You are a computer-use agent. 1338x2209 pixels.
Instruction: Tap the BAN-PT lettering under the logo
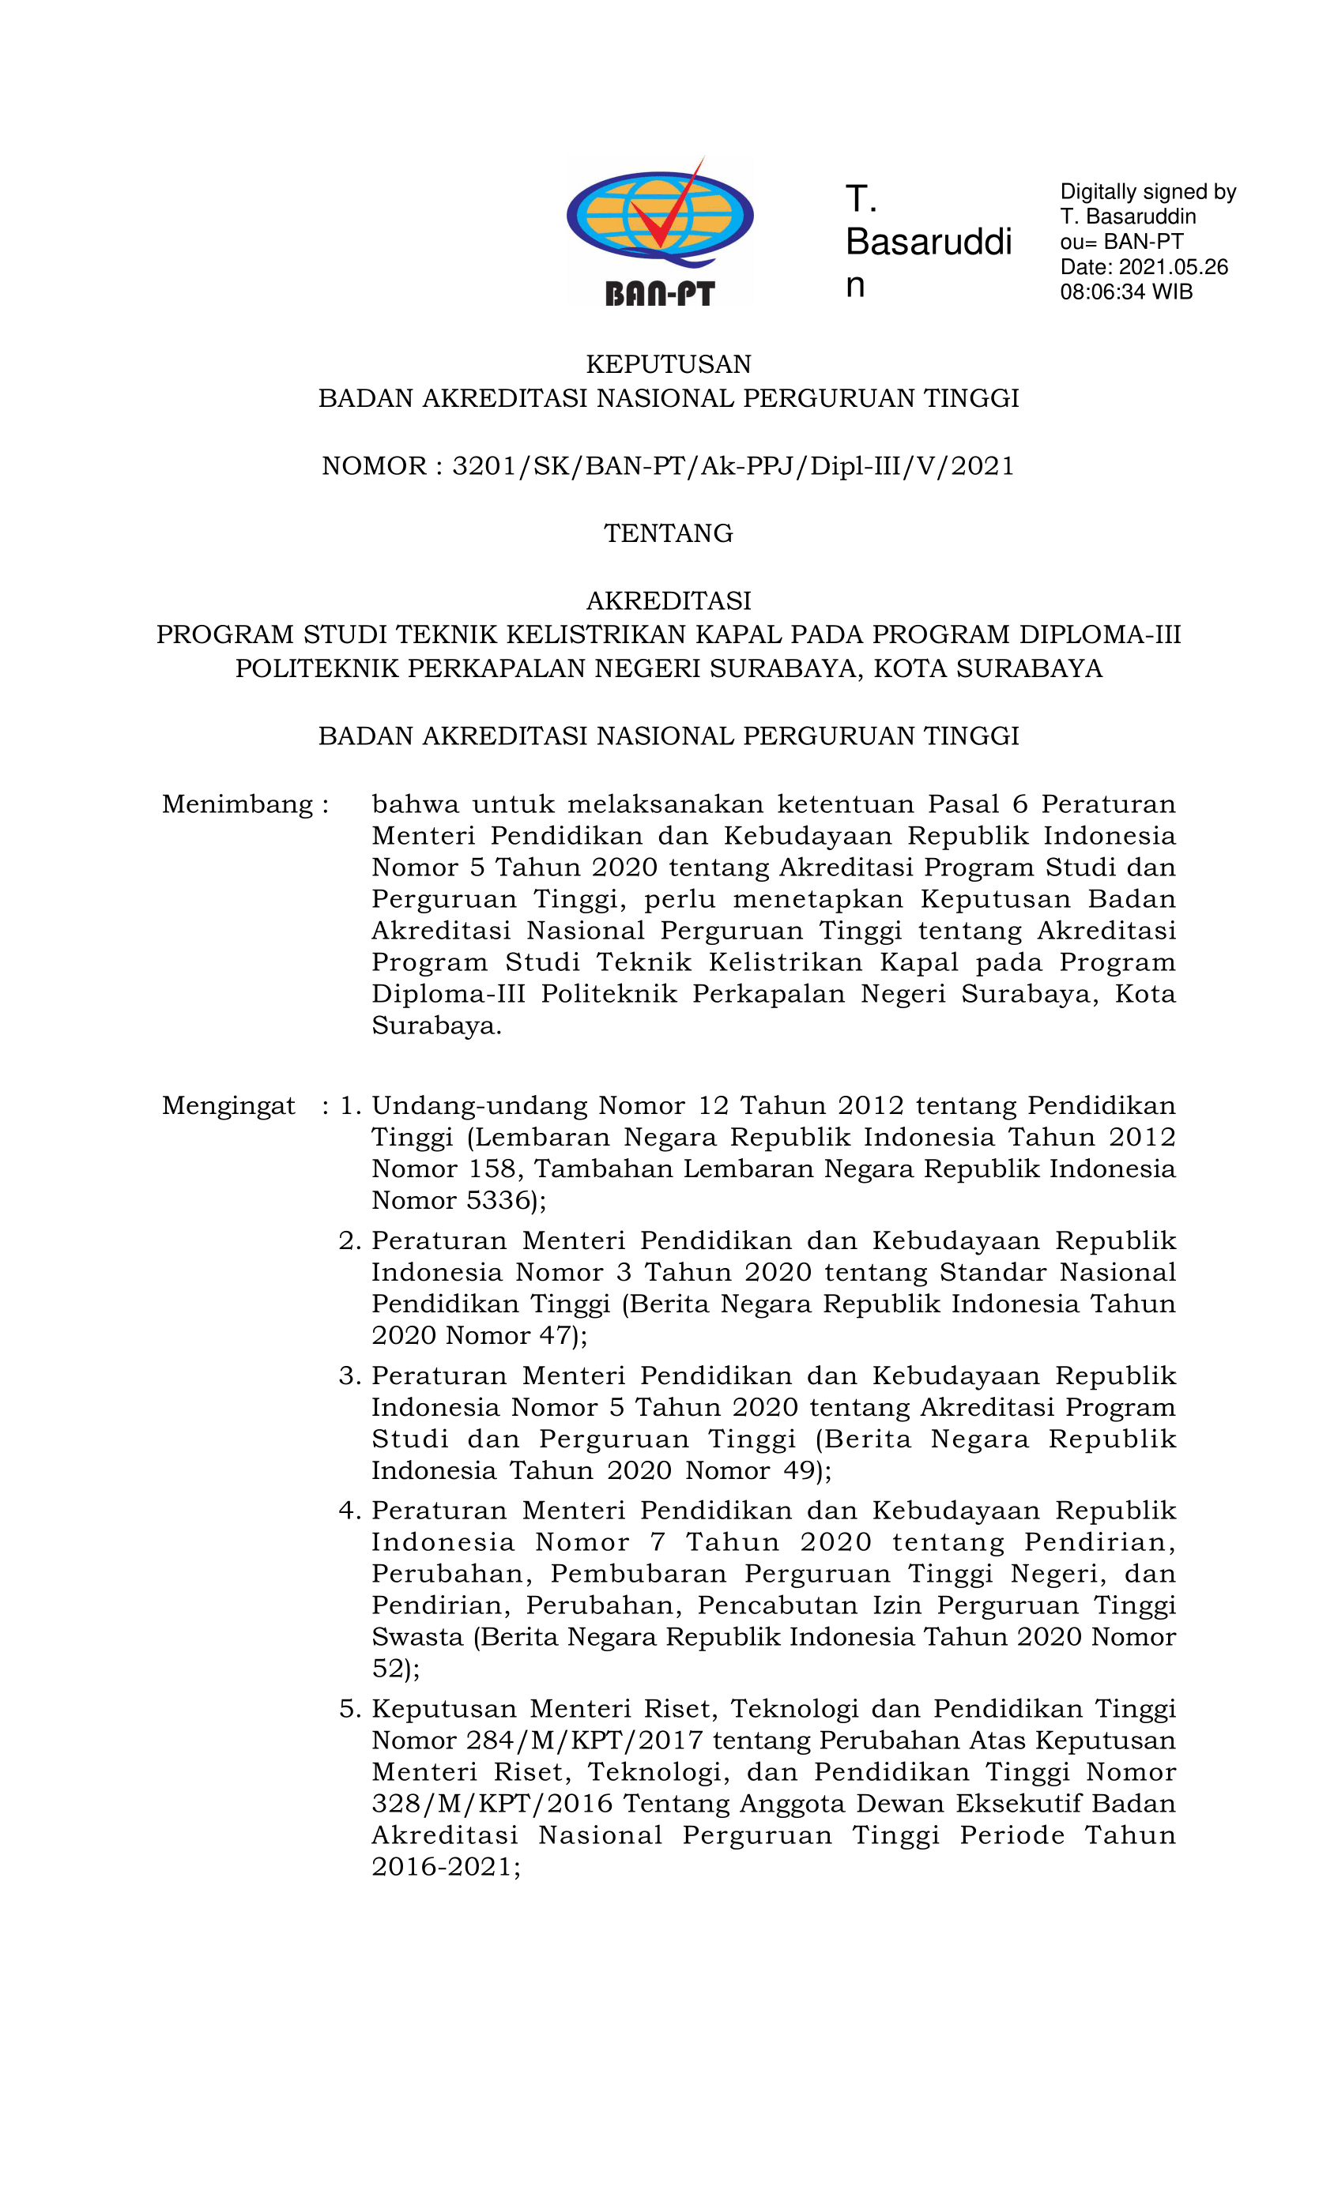tap(659, 293)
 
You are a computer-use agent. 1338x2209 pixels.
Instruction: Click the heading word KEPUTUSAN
tap(668, 364)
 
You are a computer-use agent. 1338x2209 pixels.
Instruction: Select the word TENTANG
tap(668, 533)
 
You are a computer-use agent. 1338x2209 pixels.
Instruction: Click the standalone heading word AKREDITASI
tap(668, 600)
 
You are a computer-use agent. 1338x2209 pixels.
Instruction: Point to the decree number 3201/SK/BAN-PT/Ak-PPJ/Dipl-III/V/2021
tap(733, 466)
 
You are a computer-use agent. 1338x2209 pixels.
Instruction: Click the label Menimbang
tap(238, 804)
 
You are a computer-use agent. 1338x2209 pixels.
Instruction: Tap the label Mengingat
tap(228, 1105)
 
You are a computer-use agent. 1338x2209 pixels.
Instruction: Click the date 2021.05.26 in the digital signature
tap(1173, 267)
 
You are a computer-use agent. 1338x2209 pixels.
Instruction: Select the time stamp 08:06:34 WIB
tap(1126, 292)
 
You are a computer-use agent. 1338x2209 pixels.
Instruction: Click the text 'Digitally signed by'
tap(1148, 192)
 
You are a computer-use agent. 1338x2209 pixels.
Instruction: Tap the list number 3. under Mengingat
tap(350, 1376)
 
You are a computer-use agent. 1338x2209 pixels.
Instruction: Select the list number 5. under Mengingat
tap(350, 1709)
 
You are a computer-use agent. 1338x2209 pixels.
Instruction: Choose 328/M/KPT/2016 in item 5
tap(492, 1804)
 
